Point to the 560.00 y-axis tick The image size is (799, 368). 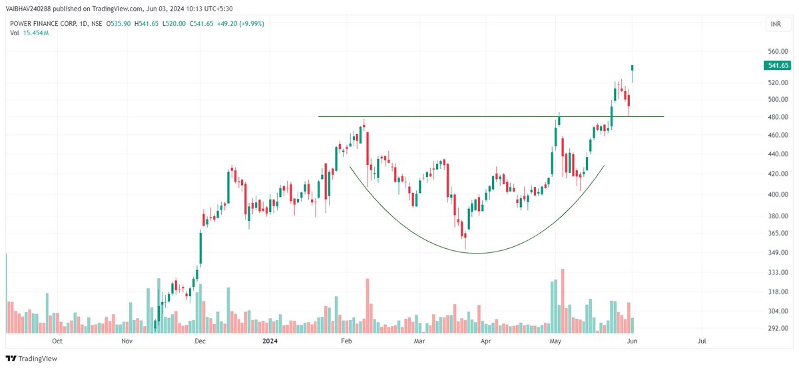pyautogui.click(x=777, y=51)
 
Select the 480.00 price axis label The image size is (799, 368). pyautogui.click(x=777, y=117)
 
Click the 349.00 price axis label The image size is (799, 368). pyautogui.click(x=777, y=253)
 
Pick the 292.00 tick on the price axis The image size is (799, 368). pyautogui.click(x=777, y=328)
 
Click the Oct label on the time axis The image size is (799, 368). pyautogui.click(x=57, y=341)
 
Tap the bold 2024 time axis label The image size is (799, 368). pyautogui.click(x=270, y=341)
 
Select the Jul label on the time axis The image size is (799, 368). pyautogui.click(x=702, y=341)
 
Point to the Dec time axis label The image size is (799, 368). pyautogui.click(x=200, y=341)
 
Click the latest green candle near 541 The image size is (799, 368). pyautogui.click(x=632, y=67)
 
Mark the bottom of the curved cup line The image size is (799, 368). pyautogui.click(x=477, y=253)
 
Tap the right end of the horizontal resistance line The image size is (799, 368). pyautogui.click(x=663, y=117)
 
